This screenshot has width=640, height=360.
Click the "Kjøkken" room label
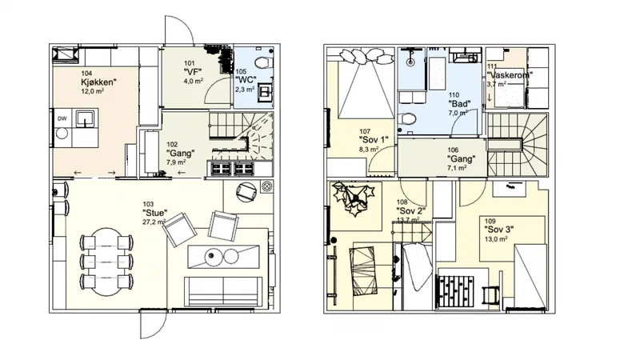click(98, 82)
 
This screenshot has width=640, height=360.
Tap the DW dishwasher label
click(62, 118)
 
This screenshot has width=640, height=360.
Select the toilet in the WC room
click(262, 63)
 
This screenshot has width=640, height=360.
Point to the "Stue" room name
click(155, 213)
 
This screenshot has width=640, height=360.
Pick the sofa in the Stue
click(223, 291)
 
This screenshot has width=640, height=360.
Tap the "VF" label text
click(193, 72)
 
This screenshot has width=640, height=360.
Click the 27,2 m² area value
click(154, 222)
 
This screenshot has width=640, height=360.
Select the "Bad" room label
click(458, 104)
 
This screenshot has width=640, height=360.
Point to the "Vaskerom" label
click(510, 75)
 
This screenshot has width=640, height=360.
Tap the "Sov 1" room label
click(374, 140)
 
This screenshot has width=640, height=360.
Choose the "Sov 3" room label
click(498, 230)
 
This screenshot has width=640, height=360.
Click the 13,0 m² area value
click(496, 239)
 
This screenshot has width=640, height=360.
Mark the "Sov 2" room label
click(411, 211)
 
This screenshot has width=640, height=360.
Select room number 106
click(453, 150)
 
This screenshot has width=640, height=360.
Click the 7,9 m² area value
click(176, 162)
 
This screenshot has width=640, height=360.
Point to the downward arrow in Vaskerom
click(490, 98)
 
